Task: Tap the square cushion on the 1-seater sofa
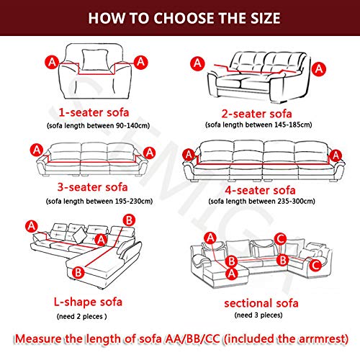tap(93, 58)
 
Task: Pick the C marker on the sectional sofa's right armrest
tap(315, 264)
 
